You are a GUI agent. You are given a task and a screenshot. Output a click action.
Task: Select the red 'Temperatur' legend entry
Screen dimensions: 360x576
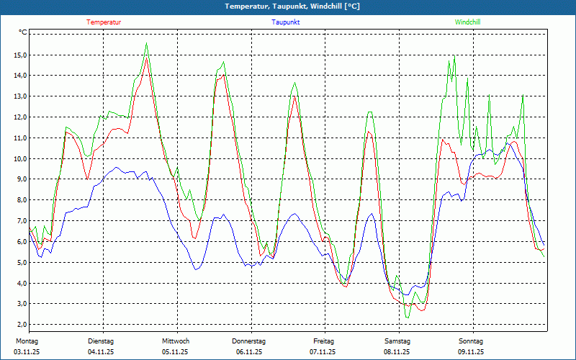click(x=104, y=22)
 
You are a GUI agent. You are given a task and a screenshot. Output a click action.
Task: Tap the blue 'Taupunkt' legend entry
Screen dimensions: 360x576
click(x=286, y=22)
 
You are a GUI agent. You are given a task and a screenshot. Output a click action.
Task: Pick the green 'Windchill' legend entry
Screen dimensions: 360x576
click(x=467, y=22)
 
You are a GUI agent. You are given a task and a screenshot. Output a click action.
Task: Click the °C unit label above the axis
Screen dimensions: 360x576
click(x=23, y=32)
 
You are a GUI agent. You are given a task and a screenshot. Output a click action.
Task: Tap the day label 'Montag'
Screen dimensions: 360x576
click(x=26, y=341)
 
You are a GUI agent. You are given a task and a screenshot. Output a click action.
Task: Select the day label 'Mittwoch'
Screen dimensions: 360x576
click(x=176, y=341)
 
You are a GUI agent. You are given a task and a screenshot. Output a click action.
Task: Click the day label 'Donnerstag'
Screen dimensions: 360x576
click(x=249, y=341)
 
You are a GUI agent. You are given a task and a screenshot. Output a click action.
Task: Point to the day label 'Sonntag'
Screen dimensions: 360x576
click(x=471, y=341)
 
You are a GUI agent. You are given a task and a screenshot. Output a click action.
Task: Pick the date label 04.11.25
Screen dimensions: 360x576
click(x=101, y=352)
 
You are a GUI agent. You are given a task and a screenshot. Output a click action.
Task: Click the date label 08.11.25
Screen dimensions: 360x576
click(x=397, y=352)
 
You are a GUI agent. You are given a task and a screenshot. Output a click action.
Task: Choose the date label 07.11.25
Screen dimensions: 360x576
click(x=323, y=352)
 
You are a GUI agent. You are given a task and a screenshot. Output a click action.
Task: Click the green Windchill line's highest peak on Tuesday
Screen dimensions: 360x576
click(x=146, y=43)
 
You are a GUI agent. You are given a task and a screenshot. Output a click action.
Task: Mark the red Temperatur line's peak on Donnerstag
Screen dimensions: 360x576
click(x=294, y=96)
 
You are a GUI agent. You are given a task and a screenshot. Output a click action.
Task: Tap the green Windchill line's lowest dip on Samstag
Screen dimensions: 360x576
click(x=407, y=317)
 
